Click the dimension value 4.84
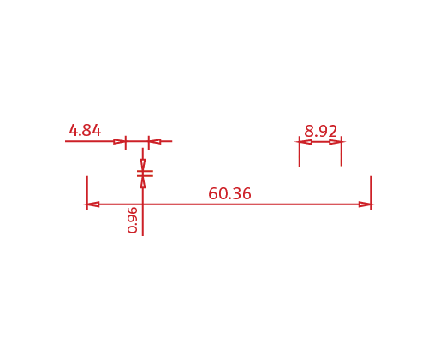tap(85, 131)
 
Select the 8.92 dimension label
tap(321, 131)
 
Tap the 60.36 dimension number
tap(229, 193)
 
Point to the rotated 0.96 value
tap(133, 220)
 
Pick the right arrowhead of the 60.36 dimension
tap(365, 204)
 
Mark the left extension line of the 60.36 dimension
tap(87, 193)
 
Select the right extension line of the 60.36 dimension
tap(371, 193)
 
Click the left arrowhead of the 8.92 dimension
tap(306, 141)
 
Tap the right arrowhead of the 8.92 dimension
tap(336, 141)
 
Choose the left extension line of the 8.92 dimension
tap(300, 151)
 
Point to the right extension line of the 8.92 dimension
tap(342, 151)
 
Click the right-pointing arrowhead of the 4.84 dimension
tap(120, 141)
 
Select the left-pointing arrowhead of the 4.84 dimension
tap(155, 141)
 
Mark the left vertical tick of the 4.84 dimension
tap(126, 143)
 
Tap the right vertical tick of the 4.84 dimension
tap(149, 143)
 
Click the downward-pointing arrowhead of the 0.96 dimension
tap(143, 165)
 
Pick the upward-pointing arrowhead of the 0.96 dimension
tap(143, 182)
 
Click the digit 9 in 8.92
tap(321, 131)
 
